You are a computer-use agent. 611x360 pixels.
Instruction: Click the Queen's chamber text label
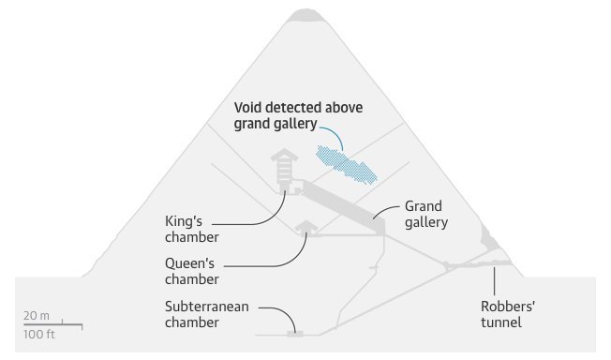pyautogui.click(x=191, y=271)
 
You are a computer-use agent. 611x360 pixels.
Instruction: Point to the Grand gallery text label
pyautogui.click(x=425, y=214)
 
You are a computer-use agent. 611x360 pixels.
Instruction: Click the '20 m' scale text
pyautogui.click(x=38, y=316)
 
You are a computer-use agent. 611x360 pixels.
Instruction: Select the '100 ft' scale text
pyautogui.click(x=40, y=335)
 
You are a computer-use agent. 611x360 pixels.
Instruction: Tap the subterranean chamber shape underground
pyautogui.click(x=296, y=332)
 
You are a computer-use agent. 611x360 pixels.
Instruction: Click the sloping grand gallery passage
pyautogui.click(x=337, y=202)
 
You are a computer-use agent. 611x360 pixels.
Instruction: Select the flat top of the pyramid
pyautogui.click(x=305, y=13)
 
